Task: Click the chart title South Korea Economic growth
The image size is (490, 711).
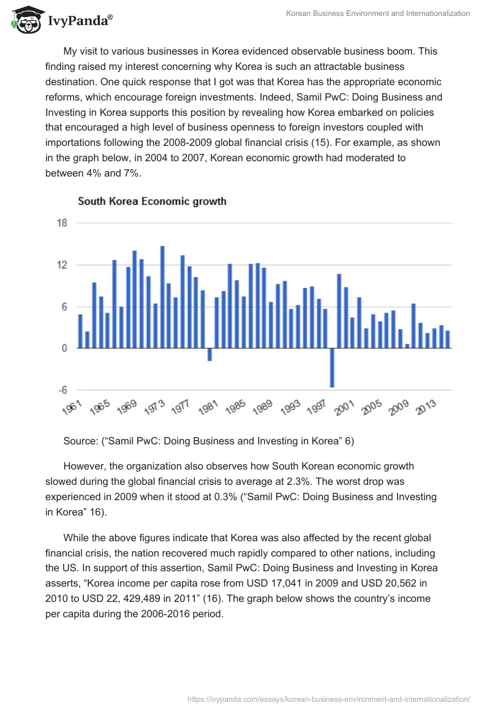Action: click(x=152, y=201)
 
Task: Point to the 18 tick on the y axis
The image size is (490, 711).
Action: click(x=62, y=223)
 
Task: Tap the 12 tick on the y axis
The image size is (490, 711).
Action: click(x=62, y=265)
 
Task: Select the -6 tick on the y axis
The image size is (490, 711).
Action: click(x=62, y=390)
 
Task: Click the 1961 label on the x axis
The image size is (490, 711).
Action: click(x=72, y=408)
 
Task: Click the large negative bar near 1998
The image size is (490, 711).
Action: click(x=333, y=368)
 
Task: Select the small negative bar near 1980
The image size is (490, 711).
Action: click(x=209, y=354)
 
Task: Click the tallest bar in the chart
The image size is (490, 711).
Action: click(x=162, y=297)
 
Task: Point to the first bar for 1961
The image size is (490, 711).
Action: click(x=80, y=331)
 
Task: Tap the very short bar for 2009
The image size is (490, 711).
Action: click(x=407, y=346)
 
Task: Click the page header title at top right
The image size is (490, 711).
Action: click(x=378, y=13)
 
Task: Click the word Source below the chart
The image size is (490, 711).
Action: click(x=81, y=440)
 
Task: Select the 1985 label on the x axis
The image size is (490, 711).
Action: click(x=236, y=408)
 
